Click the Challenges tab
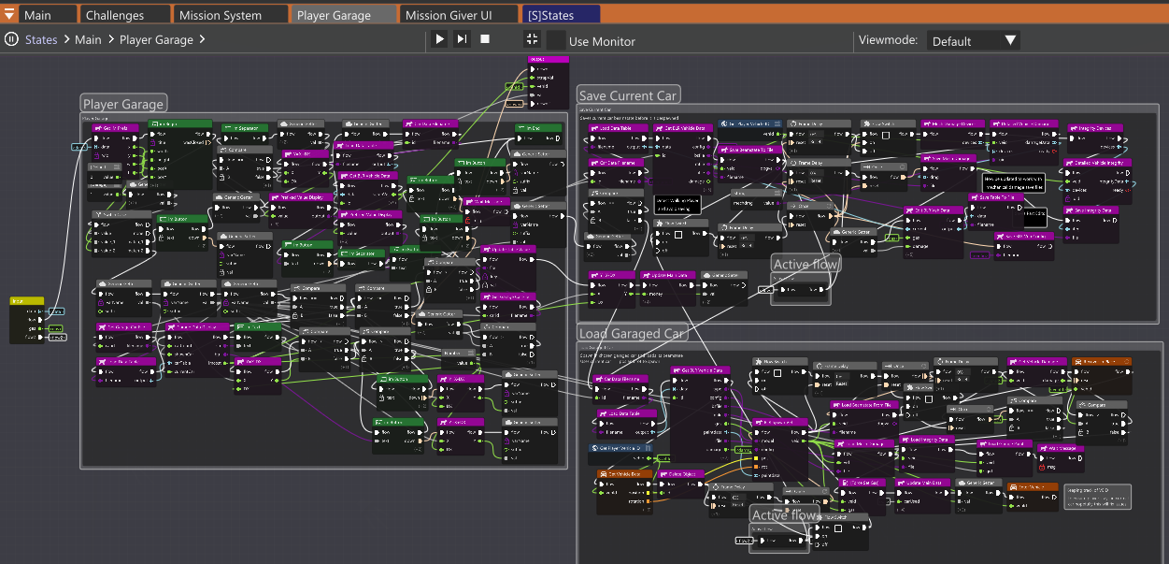[115, 15]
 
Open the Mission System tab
[221, 15]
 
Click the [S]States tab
[550, 15]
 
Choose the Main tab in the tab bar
[37, 15]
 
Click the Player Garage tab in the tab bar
[334, 15]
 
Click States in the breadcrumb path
[41, 40]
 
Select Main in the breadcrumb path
[88, 40]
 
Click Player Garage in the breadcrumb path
[156, 40]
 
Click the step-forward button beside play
[462, 39]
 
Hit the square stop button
[485, 39]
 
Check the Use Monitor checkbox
[556, 40]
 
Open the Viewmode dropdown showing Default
[973, 40]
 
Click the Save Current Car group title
[628, 95]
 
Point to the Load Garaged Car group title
[631, 334]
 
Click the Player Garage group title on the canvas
[123, 104]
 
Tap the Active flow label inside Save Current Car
[805, 265]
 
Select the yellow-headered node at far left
[26, 302]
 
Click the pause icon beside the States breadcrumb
[11, 39]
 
